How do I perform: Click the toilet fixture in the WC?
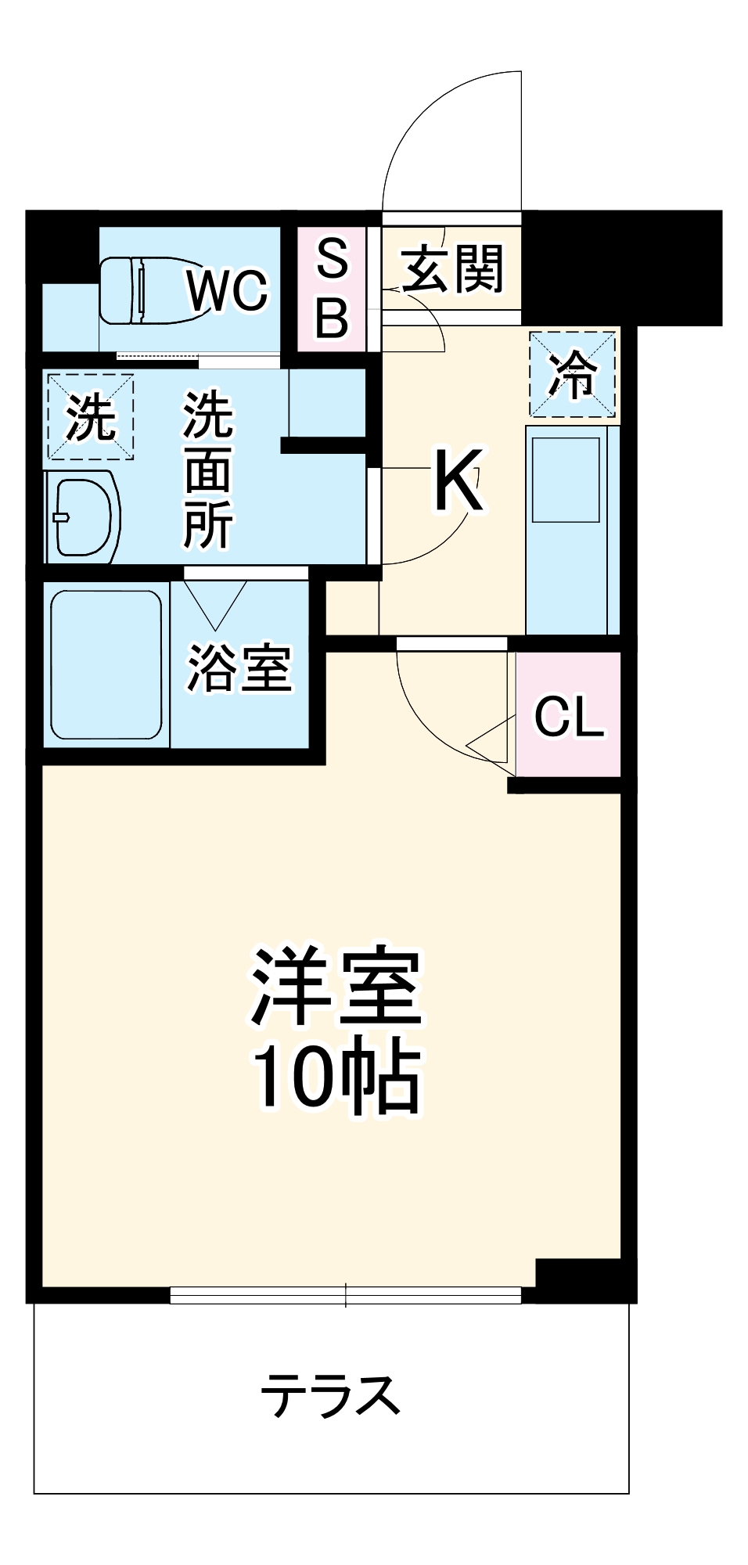click(149, 290)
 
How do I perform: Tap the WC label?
click(228, 290)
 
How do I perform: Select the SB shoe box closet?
click(332, 289)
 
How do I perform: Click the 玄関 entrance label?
click(452, 268)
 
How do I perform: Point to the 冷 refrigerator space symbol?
click(572, 374)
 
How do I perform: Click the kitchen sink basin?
click(566, 479)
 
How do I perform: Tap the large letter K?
click(459, 480)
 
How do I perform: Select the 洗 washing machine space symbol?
click(90, 416)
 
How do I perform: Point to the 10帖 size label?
click(336, 1076)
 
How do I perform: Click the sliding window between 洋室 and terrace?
click(345, 1295)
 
